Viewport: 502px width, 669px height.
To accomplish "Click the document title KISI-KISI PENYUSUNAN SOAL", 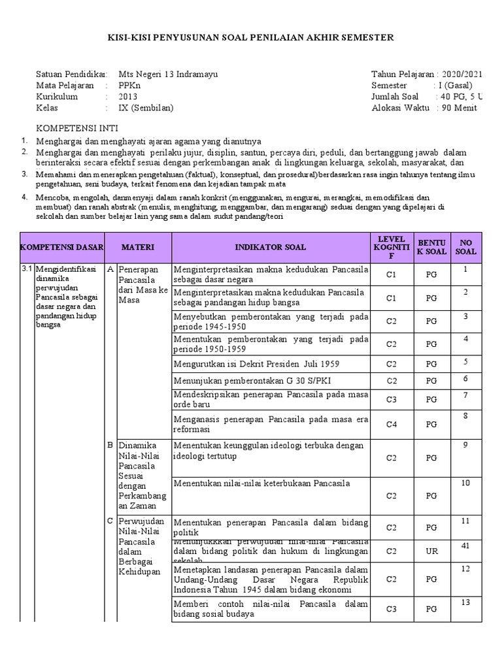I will tap(251, 37).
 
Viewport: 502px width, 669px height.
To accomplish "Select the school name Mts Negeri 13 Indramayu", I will tap(168, 74).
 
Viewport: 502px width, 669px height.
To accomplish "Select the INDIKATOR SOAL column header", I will tap(271, 247).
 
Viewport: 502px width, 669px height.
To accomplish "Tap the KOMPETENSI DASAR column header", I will tap(62, 247).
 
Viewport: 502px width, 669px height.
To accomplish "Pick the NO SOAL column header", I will tap(465, 247).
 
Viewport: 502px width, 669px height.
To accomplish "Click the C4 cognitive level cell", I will tap(391, 424).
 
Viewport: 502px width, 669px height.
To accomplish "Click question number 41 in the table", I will tap(465, 545).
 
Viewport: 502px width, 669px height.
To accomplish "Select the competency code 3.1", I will tap(27, 269).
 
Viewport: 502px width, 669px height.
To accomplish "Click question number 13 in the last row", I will tap(465, 602).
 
